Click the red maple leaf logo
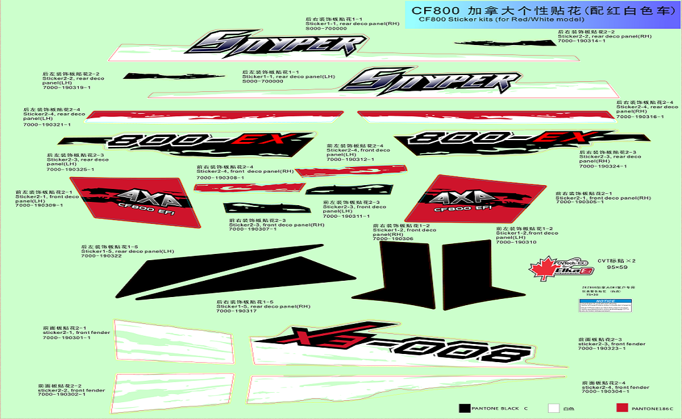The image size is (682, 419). tap(542, 268)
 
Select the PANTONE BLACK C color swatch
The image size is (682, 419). tap(464, 408)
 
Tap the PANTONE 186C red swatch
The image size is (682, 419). tap(622, 408)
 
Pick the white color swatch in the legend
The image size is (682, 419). tap(553, 408)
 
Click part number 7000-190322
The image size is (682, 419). tap(101, 256)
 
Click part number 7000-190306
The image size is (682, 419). tap(393, 239)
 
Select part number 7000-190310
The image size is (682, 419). tap(516, 242)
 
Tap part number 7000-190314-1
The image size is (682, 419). tap(582, 41)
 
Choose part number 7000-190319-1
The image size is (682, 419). tap(66, 88)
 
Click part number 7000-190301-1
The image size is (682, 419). tap(66, 338)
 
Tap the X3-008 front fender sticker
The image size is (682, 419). tap(400, 347)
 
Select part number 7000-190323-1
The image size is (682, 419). tap(602, 348)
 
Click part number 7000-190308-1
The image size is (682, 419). tap(220, 178)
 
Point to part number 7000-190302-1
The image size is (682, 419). tap(61, 395)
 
